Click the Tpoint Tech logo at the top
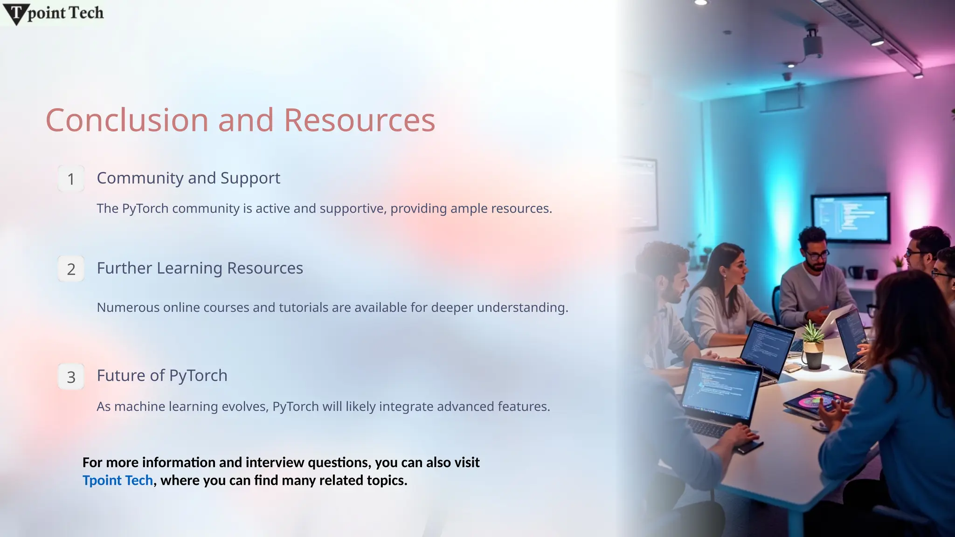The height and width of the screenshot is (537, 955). [54, 14]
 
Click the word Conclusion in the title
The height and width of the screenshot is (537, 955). [127, 120]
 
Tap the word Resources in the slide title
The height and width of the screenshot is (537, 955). [359, 120]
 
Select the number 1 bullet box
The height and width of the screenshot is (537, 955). [71, 179]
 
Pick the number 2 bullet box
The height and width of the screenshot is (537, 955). [71, 269]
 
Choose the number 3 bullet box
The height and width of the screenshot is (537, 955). [71, 377]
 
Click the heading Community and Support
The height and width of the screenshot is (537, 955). [188, 178]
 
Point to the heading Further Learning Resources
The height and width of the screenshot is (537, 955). [200, 268]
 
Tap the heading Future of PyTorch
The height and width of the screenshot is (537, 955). [162, 375]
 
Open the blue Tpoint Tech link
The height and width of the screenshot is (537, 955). [118, 480]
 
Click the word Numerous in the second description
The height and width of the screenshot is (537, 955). [128, 308]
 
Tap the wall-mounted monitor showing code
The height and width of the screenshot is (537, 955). [850, 217]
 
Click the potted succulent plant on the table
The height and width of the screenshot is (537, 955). [814, 345]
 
